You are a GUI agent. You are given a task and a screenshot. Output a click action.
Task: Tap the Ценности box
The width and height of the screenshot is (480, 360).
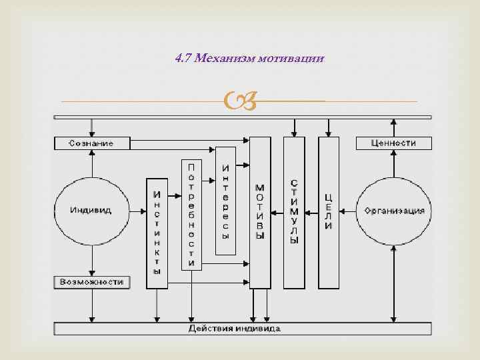coord(394,143)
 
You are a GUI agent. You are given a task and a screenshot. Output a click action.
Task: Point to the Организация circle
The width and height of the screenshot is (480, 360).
coord(394,211)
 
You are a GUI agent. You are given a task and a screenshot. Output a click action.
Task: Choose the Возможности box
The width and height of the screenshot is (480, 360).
coord(92,282)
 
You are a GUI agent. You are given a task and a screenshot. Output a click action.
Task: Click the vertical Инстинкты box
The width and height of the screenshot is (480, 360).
coord(157,233)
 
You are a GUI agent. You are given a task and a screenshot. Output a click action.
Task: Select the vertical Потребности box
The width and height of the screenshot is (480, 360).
coord(191,213)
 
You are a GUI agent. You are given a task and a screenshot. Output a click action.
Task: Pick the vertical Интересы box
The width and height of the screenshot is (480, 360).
coord(226,200)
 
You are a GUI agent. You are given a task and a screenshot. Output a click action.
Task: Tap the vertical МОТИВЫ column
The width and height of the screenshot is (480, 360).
coord(260,212)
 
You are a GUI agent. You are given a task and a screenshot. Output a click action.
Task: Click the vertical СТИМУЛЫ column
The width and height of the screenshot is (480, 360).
coord(294,212)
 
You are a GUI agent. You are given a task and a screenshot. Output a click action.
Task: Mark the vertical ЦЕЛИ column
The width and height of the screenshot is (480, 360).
coord(328,212)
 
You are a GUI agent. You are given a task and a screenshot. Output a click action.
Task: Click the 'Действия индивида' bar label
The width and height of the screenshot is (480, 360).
coord(234,329)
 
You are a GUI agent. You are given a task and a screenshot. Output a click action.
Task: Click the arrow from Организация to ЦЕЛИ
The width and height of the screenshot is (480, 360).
coord(347,211)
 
